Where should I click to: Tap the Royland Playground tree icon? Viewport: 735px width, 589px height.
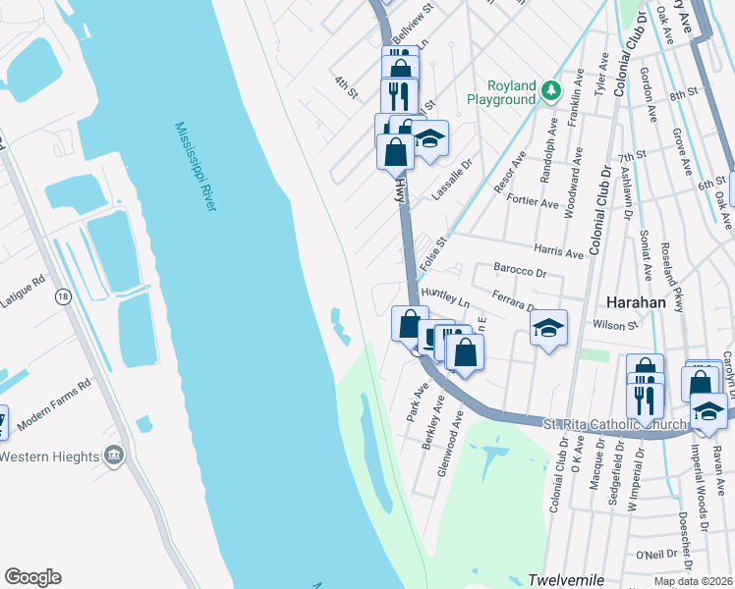tap(550, 91)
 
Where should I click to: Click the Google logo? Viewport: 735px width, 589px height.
tap(32, 577)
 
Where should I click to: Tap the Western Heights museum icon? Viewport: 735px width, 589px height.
tap(114, 455)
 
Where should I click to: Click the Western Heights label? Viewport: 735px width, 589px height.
tap(49, 456)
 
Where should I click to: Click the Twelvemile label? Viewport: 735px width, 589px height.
tap(565, 579)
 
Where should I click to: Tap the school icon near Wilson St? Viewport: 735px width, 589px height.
tap(549, 327)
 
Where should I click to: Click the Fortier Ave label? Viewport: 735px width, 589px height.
tap(535, 202)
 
